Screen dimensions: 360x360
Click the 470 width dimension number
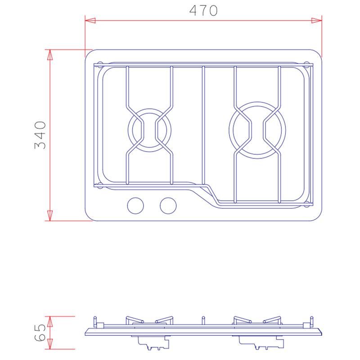pos(203,10)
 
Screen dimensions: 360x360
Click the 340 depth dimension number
pos(40,135)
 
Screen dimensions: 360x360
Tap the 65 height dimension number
pos(40,333)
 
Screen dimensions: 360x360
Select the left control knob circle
pos(135,206)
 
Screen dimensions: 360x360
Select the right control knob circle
pos(168,206)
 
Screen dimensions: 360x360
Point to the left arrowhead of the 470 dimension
pos(90,20)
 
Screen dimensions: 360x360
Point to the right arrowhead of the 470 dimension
pos(317,20)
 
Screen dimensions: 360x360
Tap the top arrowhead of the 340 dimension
pos(50,54)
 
